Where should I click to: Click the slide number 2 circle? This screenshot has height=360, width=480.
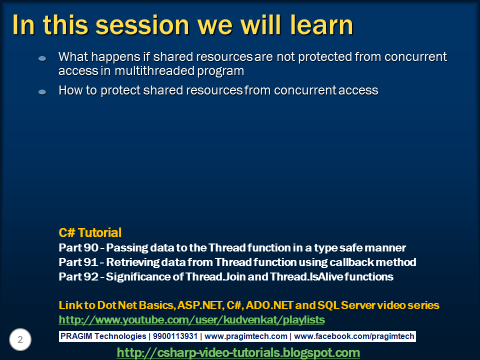[20, 339]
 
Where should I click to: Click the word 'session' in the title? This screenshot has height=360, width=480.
[142, 25]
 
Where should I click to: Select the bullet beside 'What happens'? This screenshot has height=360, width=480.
[42, 58]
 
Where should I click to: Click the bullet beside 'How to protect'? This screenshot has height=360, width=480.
[42, 91]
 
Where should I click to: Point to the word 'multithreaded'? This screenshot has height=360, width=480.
[154, 70]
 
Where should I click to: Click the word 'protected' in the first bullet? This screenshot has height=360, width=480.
[325, 57]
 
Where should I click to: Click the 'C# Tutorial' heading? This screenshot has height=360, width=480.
[90, 232]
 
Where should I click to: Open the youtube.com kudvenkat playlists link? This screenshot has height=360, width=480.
[191, 320]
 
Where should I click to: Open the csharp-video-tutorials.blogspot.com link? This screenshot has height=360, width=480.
[238, 352]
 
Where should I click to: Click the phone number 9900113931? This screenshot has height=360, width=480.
[175, 336]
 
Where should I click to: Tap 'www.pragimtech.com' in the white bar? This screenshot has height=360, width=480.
[246, 336]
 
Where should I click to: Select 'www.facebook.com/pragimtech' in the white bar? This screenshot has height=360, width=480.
[354, 336]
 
